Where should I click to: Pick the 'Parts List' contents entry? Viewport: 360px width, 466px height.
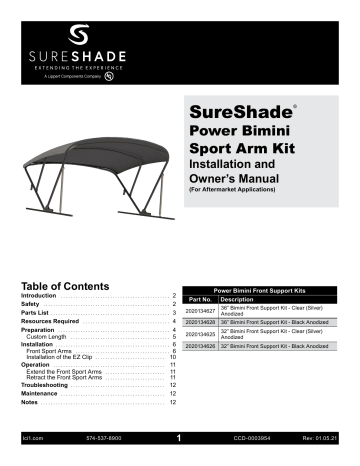(x=37, y=313)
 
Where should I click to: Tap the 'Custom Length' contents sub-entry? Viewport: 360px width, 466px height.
(x=49, y=339)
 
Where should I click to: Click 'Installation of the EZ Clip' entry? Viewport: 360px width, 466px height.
(x=65, y=357)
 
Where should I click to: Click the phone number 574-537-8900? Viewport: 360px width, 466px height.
(x=105, y=438)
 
